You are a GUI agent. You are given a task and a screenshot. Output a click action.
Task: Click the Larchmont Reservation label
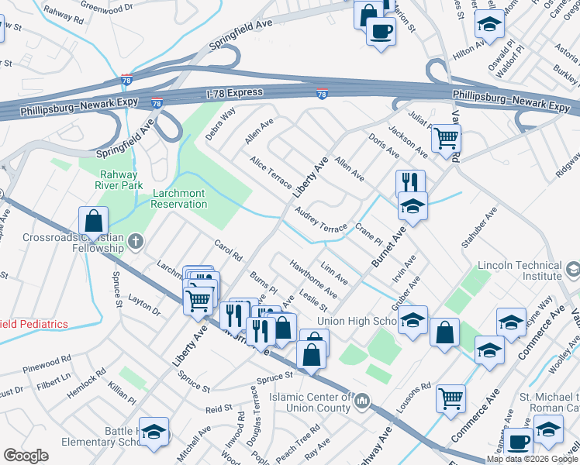tap(168, 198)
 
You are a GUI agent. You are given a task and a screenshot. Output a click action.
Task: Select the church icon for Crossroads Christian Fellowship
tap(136, 242)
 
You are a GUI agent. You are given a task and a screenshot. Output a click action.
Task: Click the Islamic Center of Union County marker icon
tap(361, 402)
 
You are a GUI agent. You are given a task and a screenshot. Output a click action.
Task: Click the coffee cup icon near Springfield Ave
tap(380, 32)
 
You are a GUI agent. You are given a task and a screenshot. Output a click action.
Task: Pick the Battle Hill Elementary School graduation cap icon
tap(155, 435)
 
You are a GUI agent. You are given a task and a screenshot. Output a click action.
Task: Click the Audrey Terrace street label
tap(320, 222)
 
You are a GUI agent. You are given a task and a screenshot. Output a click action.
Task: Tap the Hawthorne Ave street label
tap(312, 278)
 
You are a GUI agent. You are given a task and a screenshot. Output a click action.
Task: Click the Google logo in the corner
tap(26, 456)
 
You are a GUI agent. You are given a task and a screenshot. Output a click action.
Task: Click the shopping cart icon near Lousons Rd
tap(451, 399)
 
